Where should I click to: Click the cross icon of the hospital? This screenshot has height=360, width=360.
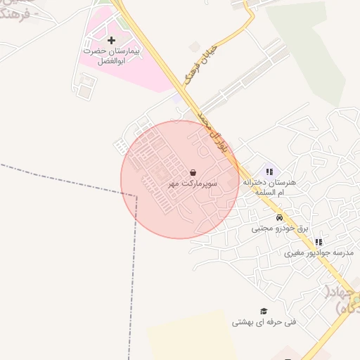[111, 40]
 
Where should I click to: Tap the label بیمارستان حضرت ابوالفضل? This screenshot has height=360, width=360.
[112, 56]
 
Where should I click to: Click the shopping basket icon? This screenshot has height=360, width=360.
[193, 172]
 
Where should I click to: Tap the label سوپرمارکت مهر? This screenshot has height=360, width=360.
[193, 184]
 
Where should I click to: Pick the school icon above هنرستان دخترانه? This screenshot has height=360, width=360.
[269, 171]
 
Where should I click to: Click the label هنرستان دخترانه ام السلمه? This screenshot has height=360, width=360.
[269, 186]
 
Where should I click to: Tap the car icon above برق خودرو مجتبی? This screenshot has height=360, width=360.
[280, 217]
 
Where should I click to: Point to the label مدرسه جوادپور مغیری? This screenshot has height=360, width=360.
[319, 252]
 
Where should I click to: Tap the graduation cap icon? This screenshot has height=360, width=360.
[264, 311]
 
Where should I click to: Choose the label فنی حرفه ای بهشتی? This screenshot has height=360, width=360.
[264, 323]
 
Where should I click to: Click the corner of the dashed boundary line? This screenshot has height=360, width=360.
[136, 195]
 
